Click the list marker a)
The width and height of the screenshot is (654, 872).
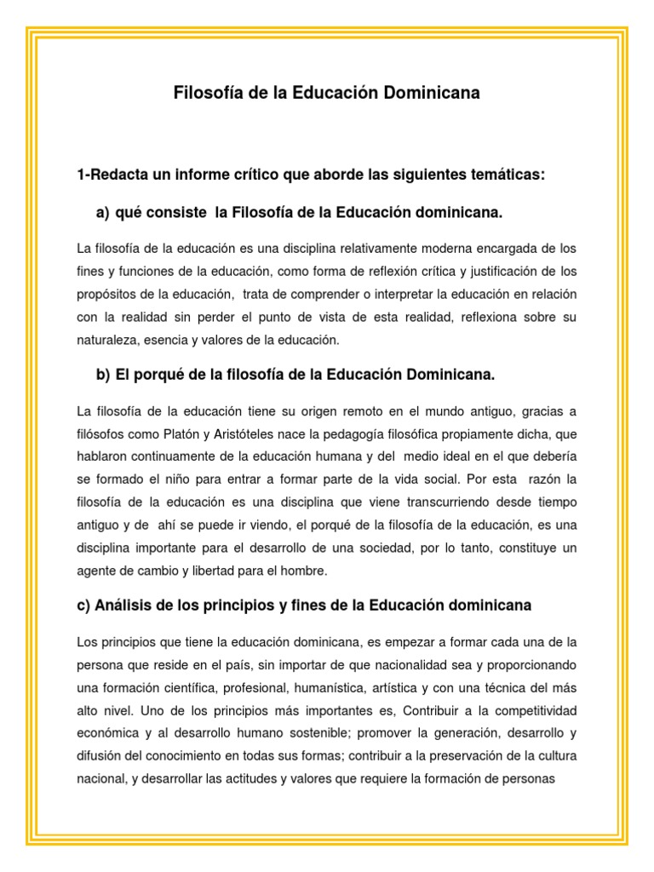click(104, 211)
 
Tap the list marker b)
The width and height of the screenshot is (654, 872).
click(104, 375)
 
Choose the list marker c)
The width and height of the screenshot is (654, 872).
click(84, 605)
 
